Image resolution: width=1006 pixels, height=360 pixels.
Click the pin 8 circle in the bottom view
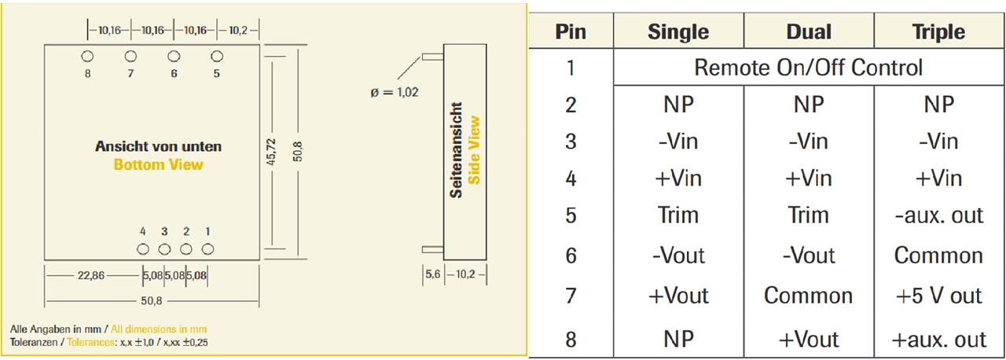(88, 56)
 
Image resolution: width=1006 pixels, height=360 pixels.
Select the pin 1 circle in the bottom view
(207, 249)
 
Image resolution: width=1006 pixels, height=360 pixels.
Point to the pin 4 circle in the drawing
(143, 249)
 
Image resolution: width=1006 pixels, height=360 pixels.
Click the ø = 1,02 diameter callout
(394, 92)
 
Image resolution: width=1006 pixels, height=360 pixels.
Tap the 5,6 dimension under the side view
(433, 274)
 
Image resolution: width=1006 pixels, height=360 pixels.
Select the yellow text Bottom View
(158, 165)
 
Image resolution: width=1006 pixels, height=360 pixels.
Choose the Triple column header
(938, 32)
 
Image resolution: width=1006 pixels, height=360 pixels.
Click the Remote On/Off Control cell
(808, 68)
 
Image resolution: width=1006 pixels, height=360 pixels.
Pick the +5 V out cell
(938, 296)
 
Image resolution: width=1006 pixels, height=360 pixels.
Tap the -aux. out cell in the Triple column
(938, 215)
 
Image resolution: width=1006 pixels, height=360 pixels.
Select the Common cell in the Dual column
(808, 296)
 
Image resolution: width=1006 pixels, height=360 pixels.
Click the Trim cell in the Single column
(677, 215)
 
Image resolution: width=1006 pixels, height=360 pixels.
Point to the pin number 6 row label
(571, 255)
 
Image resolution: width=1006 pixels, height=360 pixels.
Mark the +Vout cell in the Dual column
(808, 340)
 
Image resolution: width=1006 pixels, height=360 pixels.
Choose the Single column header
(677, 32)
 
